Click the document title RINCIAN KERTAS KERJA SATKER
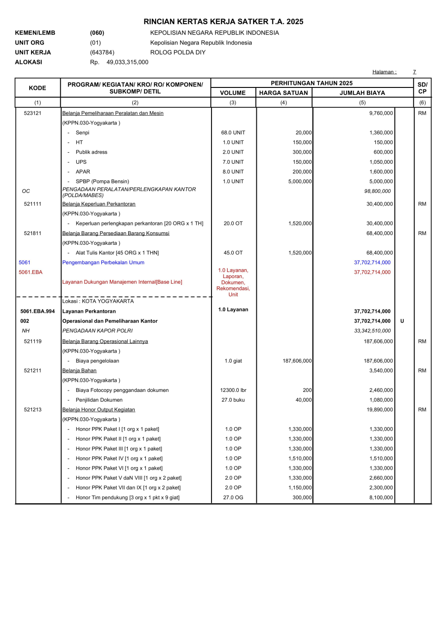click(223, 22)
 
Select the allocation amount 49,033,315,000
click(127, 62)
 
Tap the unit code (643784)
click(102, 52)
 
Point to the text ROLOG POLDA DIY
click(178, 52)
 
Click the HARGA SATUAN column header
click(283, 93)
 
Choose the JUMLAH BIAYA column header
click(362, 93)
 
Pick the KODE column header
click(37, 88)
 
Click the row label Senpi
click(82, 133)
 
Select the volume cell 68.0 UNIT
click(233, 133)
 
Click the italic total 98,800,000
click(377, 191)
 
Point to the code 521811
click(33, 233)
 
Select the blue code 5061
click(25, 262)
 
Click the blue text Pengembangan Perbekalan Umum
click(103, 262)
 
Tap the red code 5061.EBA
click(31, 272)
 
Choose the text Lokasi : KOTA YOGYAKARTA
click(98, 301)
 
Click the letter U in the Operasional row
click(402, 321)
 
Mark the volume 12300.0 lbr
click(233, 390)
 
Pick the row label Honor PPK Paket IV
click(119, 459)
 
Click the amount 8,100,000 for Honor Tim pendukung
click(381, 497)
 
